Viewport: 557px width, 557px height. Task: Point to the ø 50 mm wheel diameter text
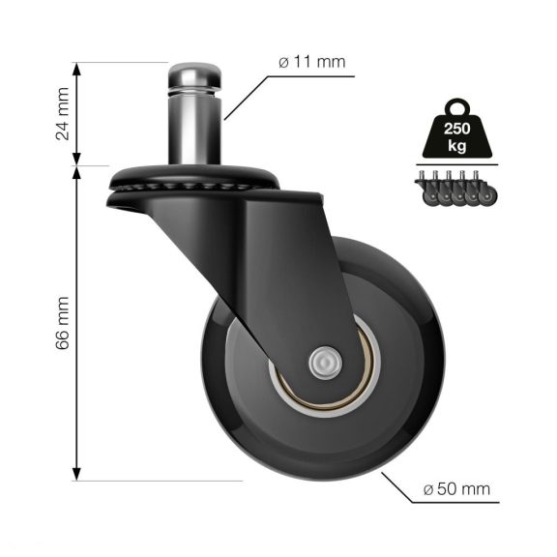click(x=456, y=489)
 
